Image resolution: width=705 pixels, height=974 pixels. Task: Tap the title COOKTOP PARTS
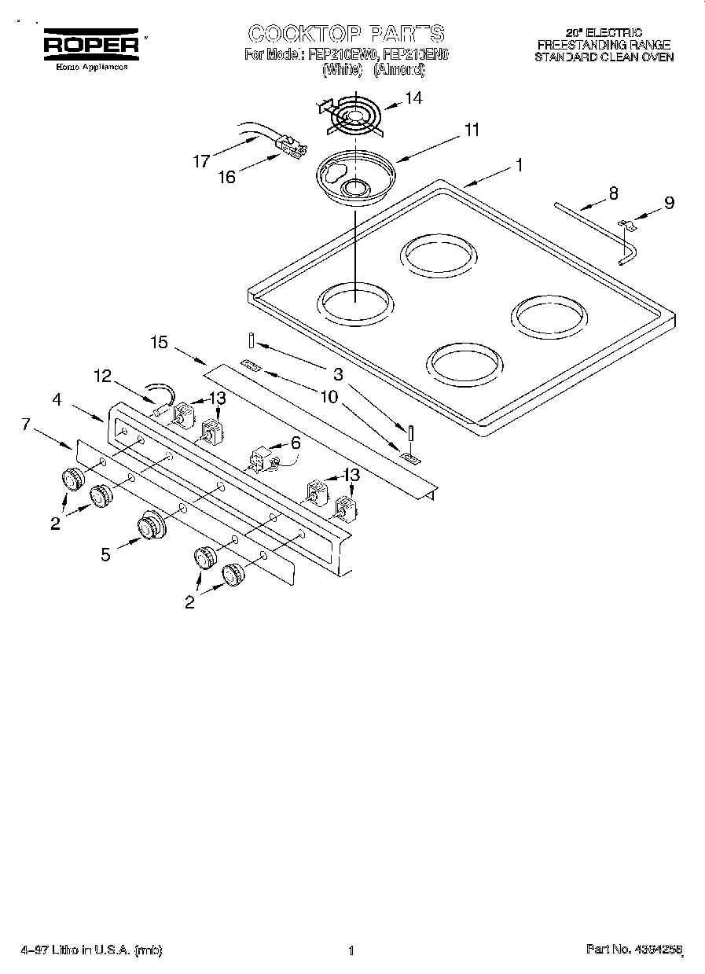tap(346, 34)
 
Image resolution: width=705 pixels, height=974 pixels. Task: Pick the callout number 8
tap(613, 193)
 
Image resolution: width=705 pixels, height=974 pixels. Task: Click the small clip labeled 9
tap(626, 226)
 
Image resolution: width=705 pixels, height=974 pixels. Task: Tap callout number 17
tap(201, 161)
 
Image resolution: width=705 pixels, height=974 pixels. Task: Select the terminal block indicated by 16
tap(291, 147)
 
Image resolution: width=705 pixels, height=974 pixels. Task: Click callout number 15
tap(160, 342)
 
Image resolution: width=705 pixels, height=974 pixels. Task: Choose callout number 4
tap(57, 399)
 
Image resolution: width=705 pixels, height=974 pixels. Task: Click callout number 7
tap(27, 425)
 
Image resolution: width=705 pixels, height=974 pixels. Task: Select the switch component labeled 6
tap(262, 460)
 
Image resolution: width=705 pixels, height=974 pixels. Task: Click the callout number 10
tap(329, 397)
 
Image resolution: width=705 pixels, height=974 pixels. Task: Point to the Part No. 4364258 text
tap(633, 950)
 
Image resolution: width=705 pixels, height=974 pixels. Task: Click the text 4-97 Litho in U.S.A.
tap(91, 950)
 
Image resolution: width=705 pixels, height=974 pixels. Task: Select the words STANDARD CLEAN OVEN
tap(604, 57)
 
